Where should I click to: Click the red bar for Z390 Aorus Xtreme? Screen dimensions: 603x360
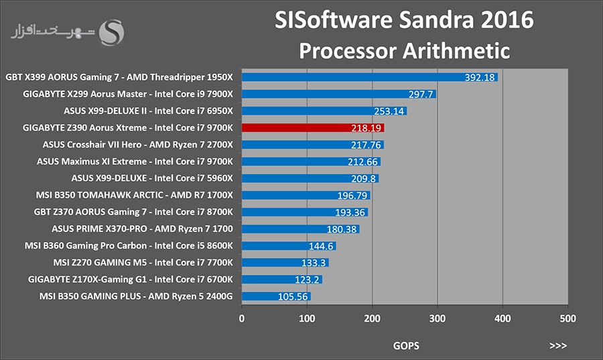click(313, 127)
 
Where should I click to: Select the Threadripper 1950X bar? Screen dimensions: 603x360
click(370, 77)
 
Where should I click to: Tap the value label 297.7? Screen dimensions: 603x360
click(421, 95)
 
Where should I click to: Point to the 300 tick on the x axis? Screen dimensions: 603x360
click(438, 318)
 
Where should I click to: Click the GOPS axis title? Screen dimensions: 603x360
click(406, 346)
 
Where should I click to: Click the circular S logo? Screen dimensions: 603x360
click(111, 33)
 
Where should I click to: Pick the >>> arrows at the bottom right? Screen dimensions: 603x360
click(558, 346)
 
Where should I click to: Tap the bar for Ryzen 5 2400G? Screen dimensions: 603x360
click(276, 296)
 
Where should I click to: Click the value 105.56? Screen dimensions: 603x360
click(293, 296)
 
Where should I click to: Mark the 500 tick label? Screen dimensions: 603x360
click(568, 318)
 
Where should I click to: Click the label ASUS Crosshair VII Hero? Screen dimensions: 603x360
click(92, 145)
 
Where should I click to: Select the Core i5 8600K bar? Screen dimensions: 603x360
click(289, 246)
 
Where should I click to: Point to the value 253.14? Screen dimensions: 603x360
click(389, 111)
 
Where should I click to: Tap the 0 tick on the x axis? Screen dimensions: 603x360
click(241, 318)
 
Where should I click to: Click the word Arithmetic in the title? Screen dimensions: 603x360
click(456, 51)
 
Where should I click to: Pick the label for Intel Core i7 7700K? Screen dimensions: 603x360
click(194, 262)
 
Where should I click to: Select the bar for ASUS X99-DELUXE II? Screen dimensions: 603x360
click(324, 111)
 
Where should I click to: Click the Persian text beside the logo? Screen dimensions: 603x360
click(53, 32)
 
